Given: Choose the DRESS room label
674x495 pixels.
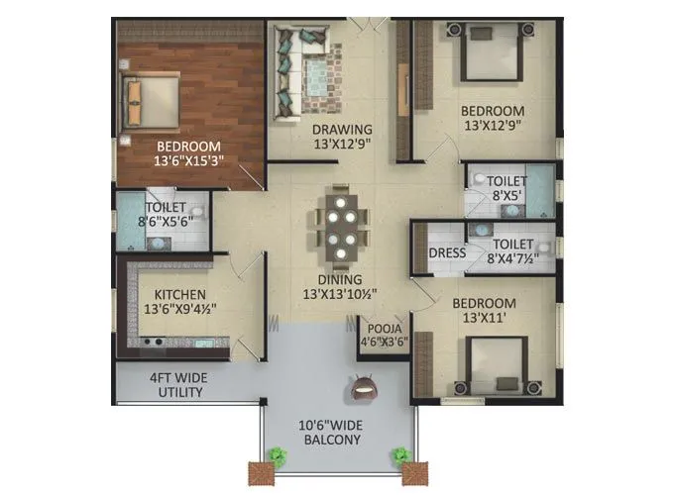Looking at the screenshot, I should click(x=447, y=252).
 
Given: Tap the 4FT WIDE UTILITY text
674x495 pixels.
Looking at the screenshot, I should click(x=176, y=385).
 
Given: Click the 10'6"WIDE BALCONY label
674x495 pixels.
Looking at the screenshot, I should click(x=332, y=432).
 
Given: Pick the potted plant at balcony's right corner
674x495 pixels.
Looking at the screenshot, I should click(x=401, y=458).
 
